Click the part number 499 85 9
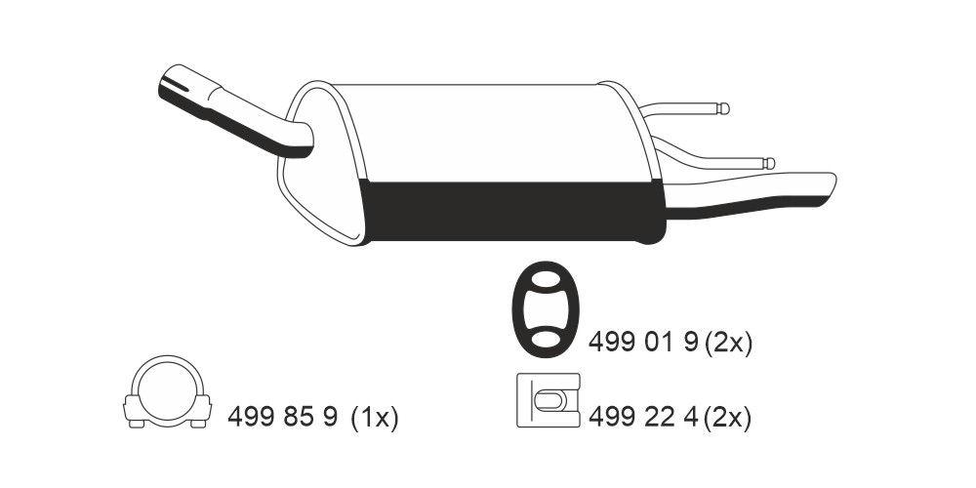click(x=283, y=416)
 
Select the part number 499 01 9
click(x=643, y=342)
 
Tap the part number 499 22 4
click(x=643, y=417)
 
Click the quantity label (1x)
click(x=374, y=417)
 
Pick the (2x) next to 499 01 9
click(x=728, y=343)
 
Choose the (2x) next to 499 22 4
click(x=728, y=417)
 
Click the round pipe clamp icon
click(x=168, y=391)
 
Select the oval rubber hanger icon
click(x=546, y=309)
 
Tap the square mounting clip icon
click(x=549, y=400)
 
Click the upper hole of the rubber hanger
click(x=546, y=279)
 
